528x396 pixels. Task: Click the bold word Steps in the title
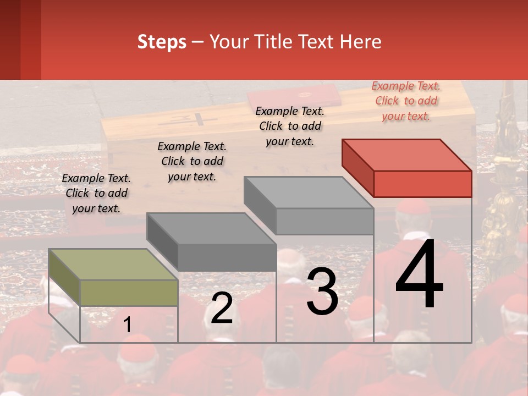click(x=162, y=42)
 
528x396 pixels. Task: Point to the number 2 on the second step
click(x=222, y=308)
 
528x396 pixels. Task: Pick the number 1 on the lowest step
click(x=127, y=325)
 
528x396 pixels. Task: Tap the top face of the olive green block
click(x=113, y=265)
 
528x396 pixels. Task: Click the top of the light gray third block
click(x=309, y=193)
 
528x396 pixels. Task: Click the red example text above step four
click(x=406, y=101)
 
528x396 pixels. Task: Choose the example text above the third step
click(x=290, y=126)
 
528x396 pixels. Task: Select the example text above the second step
click(x=192, y=161)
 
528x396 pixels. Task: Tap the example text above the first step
click(x=96, y=193)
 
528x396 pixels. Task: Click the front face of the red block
click(x=422, y=184)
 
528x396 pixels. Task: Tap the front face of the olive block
click(x=129, y=293)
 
